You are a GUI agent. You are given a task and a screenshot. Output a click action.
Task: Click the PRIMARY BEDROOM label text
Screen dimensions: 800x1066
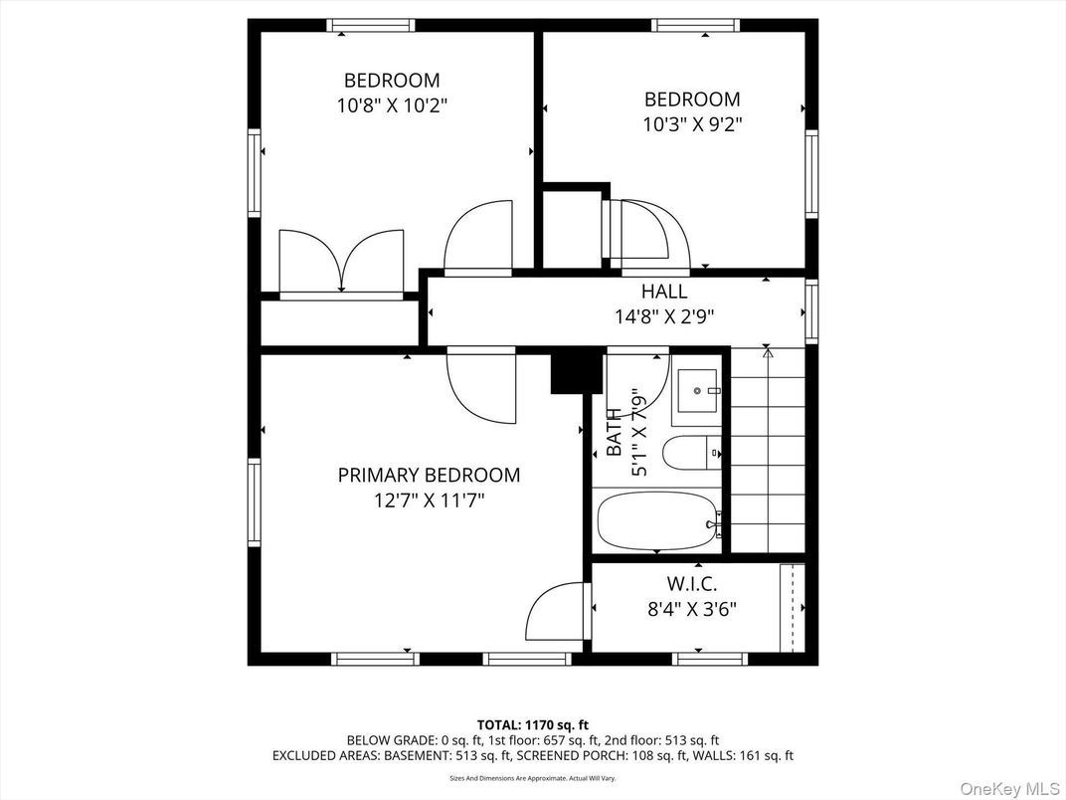(429, 476)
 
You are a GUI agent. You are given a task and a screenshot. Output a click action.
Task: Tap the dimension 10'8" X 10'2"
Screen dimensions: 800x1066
(392, 105)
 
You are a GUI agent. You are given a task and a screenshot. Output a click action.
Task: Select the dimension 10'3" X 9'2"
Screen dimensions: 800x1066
(692, 124)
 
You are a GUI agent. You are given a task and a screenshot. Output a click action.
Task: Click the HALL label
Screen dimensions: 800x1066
(664, 292)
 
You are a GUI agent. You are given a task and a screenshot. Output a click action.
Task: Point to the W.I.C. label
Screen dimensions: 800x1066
(692, 583)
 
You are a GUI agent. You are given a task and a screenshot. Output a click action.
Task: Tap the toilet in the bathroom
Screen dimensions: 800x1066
(692, 453)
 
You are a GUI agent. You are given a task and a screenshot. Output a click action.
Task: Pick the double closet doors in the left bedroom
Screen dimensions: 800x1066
(340, 262)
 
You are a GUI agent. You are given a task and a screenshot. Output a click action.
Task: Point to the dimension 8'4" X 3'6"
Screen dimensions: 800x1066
(692, 609)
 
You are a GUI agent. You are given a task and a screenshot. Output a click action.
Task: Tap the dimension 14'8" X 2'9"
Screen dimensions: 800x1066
(664, 316)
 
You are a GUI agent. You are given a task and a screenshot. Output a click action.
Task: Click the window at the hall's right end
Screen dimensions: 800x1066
(811, 311)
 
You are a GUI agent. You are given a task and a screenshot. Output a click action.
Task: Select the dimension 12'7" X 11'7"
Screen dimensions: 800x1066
(429, 500)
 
